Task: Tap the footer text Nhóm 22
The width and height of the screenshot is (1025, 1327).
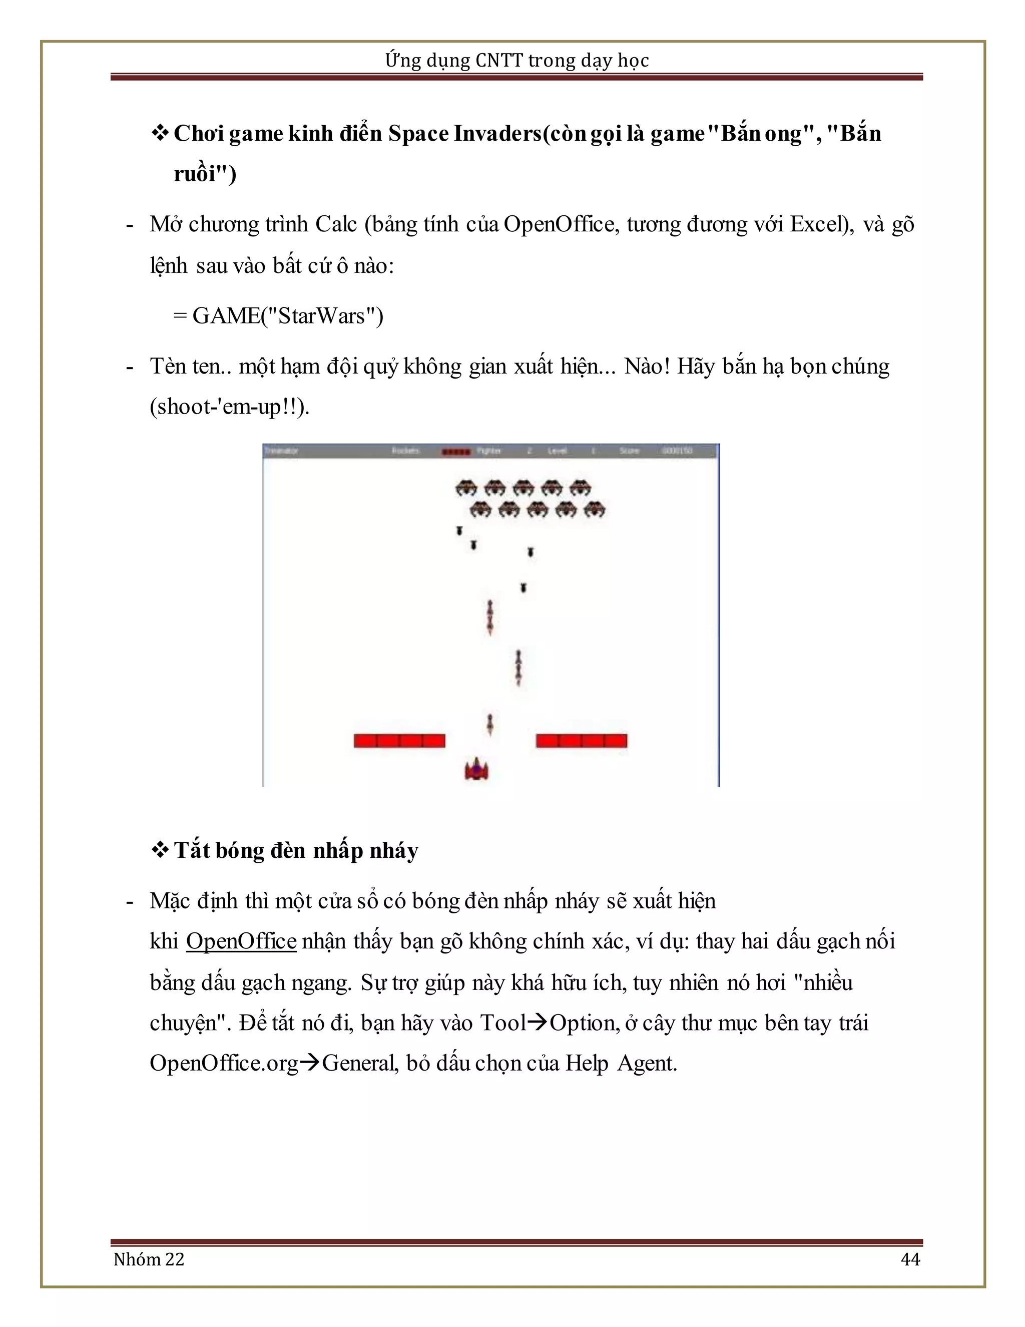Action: (149, 1259)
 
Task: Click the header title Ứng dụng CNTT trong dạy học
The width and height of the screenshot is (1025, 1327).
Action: (517, 60)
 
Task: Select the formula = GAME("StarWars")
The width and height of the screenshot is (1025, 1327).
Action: (278, 316)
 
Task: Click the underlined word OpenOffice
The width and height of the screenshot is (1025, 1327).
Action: (241, 941)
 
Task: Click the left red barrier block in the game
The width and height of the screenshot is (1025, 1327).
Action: (399, 741)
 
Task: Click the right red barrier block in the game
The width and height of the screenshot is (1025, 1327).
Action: (581, 741)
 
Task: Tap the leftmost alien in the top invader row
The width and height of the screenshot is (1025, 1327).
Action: (466, 487)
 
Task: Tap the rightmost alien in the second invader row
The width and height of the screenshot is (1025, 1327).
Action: (595, 509)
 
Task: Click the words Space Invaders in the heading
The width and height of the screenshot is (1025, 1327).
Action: (464, 134)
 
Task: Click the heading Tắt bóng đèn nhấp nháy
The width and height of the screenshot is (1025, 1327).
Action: (296, 850)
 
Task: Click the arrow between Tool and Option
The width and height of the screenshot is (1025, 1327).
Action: (538, 1023)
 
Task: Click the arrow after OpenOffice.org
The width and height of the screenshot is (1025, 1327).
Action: (310, 1063)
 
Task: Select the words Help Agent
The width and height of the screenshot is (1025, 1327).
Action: (621, 1063)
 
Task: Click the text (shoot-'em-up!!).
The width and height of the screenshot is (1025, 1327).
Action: (230, 407)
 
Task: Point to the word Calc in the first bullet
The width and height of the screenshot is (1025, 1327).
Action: (336, 225)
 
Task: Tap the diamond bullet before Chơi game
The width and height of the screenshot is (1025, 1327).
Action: (160, 133)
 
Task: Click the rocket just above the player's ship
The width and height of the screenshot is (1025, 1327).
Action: (490, 724)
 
